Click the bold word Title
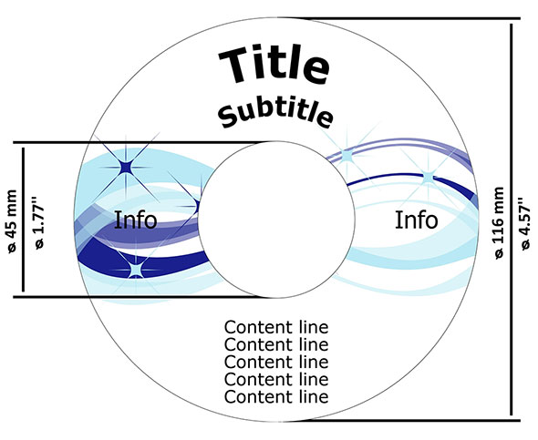(x=274, y=66)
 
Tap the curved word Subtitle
(x=275, y=115)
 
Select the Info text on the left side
(x=136, y=220)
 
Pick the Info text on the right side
(x=416, y=220)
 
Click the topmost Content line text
(x=276, y=327)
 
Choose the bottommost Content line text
(x=276, y=397)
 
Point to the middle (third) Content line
(x=276, y=363)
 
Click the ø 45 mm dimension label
(x=11, y=221)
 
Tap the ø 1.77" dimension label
(x=39, y=223)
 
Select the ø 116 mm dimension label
(x=499, y=223)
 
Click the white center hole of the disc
(x=276, y=220)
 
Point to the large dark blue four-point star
(x=126, y=168)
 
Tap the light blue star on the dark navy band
(x=136, y=270)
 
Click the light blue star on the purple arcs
(x=347, y=157)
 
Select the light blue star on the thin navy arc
(x=429, y=178)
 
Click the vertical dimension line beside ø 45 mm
(x=24, y=220)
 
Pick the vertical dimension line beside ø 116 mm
(x=512, y=220)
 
